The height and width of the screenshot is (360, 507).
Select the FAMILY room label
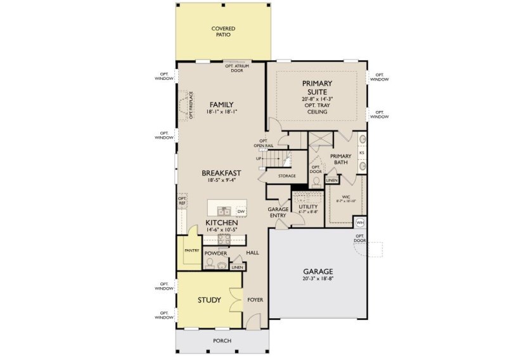pyautogui.click(x=222, y=105)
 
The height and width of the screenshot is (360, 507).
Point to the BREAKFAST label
pyautogui.click(x=222, y=172)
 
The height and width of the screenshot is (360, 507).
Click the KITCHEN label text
pyautogui.click(x=221, y=224)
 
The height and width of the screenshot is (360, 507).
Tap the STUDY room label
pyautogui.click(x=209, y=300)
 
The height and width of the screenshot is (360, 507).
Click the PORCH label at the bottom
pyautogui.click(x=222, y=341)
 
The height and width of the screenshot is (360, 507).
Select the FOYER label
pyautogui.click(x=255, y=300)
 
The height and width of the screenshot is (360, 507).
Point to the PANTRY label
pyautogui.click(x=192, y=250)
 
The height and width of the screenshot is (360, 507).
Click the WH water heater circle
pyautogui.click(x=359, y=222)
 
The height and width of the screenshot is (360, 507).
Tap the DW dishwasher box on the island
pyautogui.click(x=240, y=211)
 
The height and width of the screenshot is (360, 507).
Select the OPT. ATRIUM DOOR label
pyautogui.click(x=238, y=68)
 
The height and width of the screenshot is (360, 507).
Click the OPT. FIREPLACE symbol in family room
pyautogui.click(x=184, y=105)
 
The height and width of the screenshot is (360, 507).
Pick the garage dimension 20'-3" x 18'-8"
pyautogui.click(x=318, y=279)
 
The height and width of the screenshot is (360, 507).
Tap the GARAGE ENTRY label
pyautogui.click(x=278, y=212)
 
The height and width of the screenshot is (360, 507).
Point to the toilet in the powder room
pyautogui.click(x=210, y=262)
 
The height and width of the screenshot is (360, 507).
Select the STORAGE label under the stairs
pyautogui.click(x=286, y=176)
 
